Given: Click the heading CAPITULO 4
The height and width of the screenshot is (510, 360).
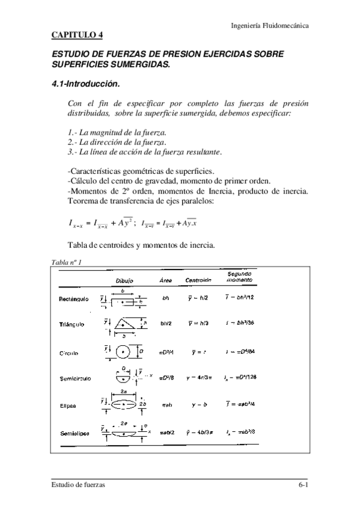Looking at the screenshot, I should (77, 35).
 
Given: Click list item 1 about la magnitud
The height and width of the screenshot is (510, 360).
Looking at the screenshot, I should (117, 132).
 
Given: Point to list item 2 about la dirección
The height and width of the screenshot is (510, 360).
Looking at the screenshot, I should (117, 142).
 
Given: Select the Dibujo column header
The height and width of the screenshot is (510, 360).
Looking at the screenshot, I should (125, 281).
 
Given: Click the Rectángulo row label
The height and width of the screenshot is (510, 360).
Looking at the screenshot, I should (74, 298).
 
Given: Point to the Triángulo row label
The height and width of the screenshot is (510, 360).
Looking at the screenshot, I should (72, 324).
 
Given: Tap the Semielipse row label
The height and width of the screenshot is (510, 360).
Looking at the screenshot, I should (75, 434).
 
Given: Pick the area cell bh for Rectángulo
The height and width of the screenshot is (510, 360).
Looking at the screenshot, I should (166, 298).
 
